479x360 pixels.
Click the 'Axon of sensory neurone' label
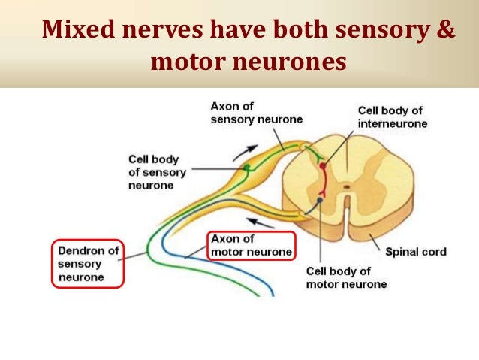click(246, 113)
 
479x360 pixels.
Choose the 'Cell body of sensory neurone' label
click(157, 172)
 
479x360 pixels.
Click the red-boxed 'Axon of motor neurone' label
click(251, 246)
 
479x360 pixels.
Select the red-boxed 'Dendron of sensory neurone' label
click(89, 263)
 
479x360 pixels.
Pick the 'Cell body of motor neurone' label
click(346, 277)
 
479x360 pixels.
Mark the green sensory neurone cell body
click(245, 171)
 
